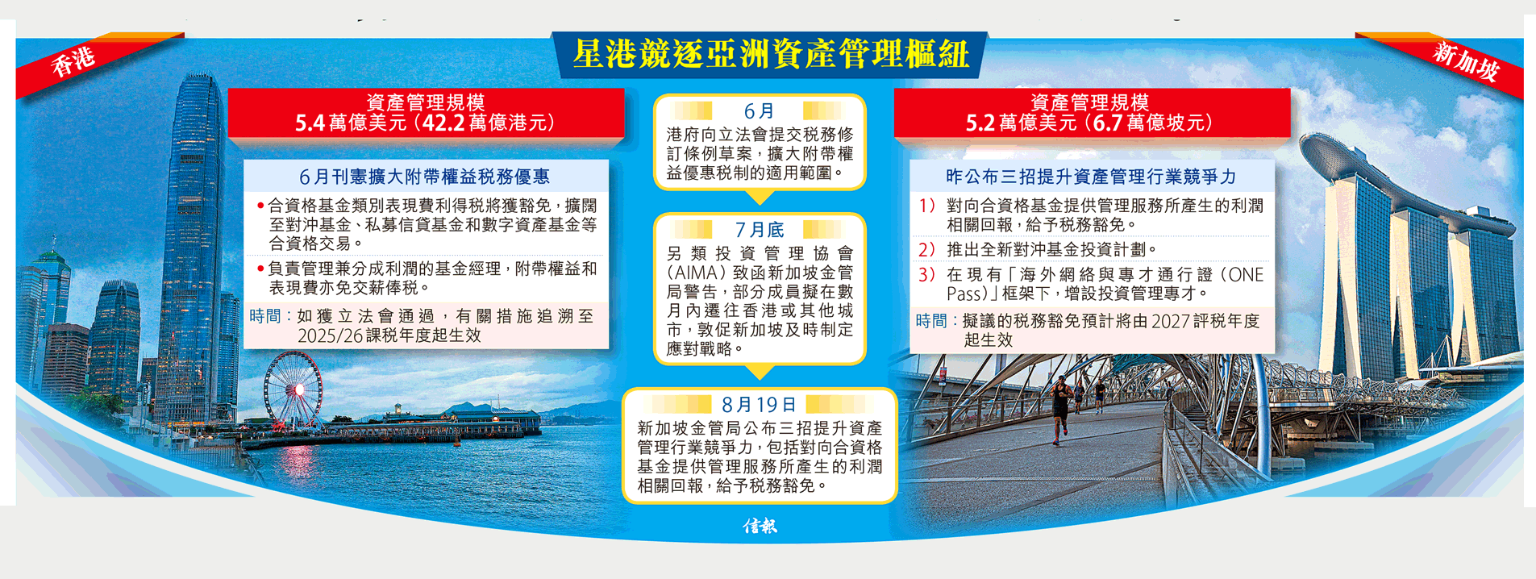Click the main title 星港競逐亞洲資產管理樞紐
click(x=770, y=55)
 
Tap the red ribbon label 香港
click(x=73, y=61)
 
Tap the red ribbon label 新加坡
click(x=1466, y=61)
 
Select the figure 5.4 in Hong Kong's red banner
click(x=310, y=123)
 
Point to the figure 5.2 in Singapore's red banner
click(x=980, y=123)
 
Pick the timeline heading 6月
click(x=759, y=110)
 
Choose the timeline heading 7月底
click(x=759, y=230)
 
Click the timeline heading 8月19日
click(x=759, y=404)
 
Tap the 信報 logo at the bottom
click(x=760, y=526)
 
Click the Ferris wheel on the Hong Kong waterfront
click(x=293, y=389)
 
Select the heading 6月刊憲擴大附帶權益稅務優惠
click(x=425, y=177)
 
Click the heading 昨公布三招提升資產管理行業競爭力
click(x=1091, y=177)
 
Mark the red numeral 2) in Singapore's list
click(x=926, y=249)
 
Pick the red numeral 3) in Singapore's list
click(x=926, y=274)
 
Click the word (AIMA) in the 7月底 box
click(x=698, y=273)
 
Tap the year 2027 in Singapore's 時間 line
click(x=1172, y=321)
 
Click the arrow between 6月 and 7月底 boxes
click(x=759, y=198)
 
